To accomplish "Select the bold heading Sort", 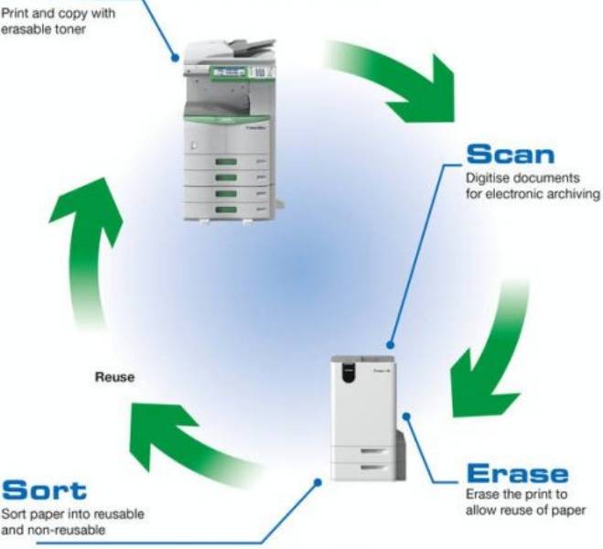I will tap(44, 489).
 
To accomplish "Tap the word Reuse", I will tap(115, 376).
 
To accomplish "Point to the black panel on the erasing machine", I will tap(347, 371).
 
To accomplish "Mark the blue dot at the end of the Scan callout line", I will tap(392, 340).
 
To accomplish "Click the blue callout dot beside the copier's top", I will tap(175, 57).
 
